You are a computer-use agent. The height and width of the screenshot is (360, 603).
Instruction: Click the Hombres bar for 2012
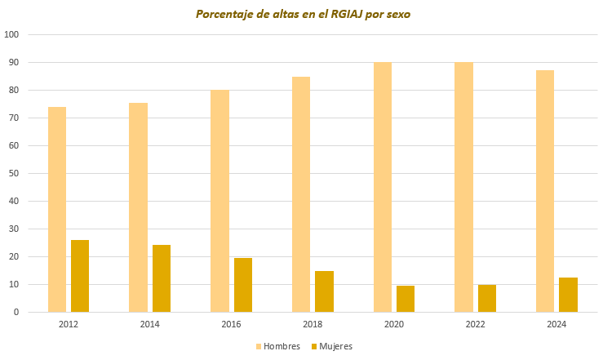pos(57,209)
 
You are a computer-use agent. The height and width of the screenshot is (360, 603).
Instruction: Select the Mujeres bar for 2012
pos(80,276)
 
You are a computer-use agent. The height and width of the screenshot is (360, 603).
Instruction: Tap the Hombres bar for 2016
pos(219,201)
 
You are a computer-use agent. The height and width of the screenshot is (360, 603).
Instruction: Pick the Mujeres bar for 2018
pos(324,291)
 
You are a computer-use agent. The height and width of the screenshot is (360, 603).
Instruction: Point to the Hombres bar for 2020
pos(383,187)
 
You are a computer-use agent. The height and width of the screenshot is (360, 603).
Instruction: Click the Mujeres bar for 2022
pos(487,298)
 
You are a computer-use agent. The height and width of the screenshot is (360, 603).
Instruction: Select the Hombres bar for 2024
pos(545,191)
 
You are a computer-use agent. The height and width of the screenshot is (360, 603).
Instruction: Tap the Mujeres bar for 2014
pos(162,278)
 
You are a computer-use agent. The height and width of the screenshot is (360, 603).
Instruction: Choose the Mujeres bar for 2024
pos(568,295)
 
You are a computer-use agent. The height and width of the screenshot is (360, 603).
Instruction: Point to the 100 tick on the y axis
pos(12,34)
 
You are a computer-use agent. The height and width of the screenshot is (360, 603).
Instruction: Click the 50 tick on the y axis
pos(14,173)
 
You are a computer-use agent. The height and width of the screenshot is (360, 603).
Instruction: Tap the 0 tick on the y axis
pos(16,312)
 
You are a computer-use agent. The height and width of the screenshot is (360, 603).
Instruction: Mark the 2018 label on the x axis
pos(313,324)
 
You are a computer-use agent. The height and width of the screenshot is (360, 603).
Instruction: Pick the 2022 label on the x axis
pos(476,324)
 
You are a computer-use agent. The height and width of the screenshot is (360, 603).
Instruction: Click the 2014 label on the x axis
pos(150,324)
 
